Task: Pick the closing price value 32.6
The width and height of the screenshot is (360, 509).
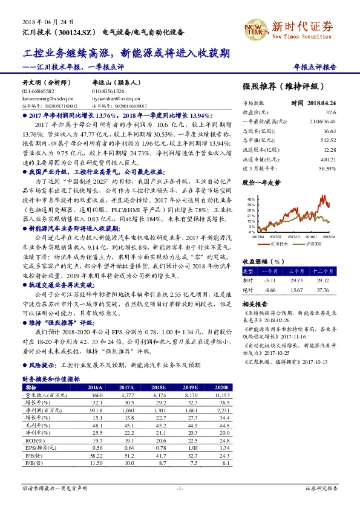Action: pyautogui.click(x=330, y=112)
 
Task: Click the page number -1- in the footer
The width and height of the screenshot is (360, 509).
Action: pyautogui.click(x=179, y=487)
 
